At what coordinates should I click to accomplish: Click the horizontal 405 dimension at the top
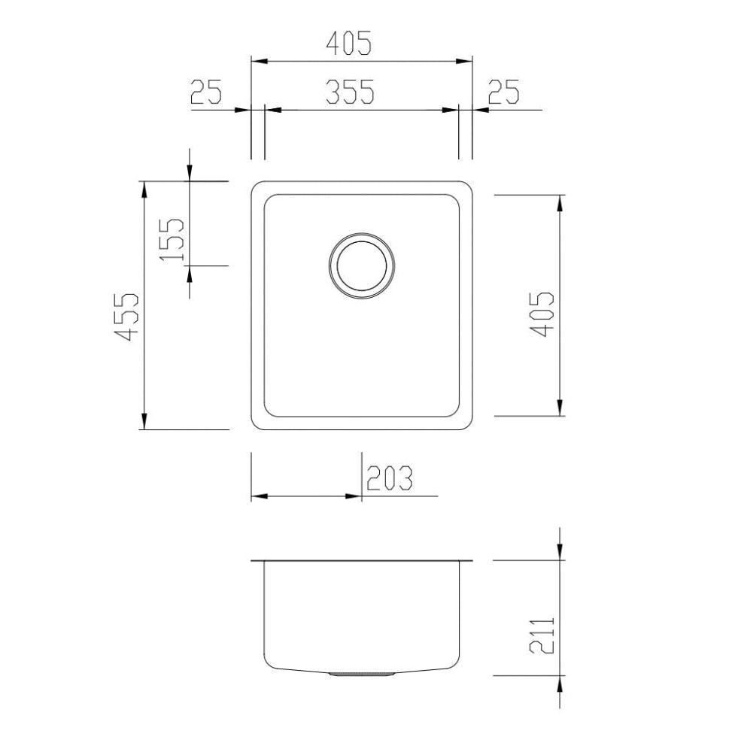(348, 44)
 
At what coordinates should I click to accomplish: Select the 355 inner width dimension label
(349, 92)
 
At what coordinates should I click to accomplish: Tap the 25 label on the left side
(206, 92)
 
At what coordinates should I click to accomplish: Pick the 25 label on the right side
(503, 92)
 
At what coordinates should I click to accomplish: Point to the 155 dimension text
(173, 239)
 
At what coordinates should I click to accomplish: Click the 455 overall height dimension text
(129, 317)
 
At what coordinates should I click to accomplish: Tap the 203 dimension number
(390, 478)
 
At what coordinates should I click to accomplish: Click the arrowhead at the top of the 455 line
(144, 188)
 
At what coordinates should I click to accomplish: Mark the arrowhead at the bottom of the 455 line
(144, 423)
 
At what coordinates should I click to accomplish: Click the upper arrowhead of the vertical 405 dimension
(560, 202)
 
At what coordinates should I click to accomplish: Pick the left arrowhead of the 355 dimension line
(272, 111)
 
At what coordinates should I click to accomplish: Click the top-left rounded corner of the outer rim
(256, 186)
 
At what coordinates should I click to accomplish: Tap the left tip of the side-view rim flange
(252, 561)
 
